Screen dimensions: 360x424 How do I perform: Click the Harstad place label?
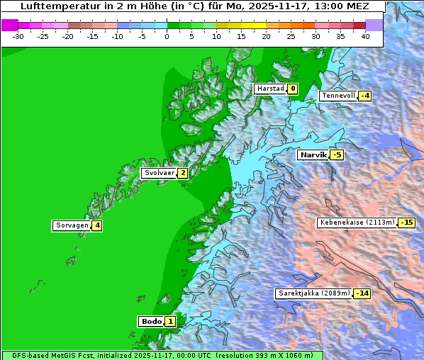point(270,89)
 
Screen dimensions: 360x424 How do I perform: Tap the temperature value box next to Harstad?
point(292,89)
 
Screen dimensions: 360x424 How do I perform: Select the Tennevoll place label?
point(337,96)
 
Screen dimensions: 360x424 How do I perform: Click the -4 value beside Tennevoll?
point(364,96)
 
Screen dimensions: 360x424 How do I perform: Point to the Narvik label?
point(312,154)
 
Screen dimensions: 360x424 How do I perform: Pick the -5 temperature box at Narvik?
point(337,154)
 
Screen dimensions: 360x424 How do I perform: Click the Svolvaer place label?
point(159,173)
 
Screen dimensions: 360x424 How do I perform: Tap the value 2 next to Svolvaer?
point(183,173)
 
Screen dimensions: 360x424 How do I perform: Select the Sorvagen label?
point(72,225)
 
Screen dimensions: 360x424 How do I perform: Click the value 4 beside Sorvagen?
point(97,225)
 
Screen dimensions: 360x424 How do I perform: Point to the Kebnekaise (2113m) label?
point(357,223)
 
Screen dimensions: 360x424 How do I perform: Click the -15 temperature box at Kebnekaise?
point(406,223)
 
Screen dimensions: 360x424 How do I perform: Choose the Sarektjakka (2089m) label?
point(314,293)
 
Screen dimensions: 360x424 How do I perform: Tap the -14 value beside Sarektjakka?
point(362,293)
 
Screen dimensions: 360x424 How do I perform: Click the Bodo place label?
point(152,322)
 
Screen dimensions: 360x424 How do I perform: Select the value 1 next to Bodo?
point(171,322)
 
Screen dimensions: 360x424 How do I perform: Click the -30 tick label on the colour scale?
point(18,35)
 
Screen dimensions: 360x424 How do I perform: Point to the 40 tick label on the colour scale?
point(365,35)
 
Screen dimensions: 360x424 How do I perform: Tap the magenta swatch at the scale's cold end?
point(9,25)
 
